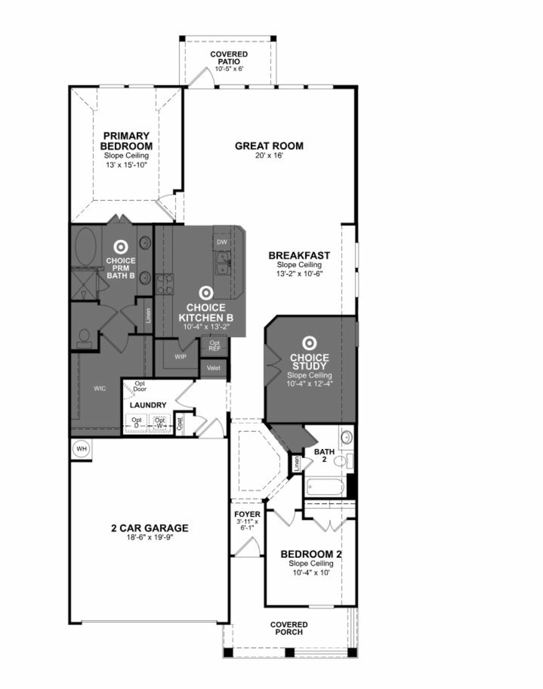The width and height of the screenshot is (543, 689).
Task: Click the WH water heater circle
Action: coord(82,449)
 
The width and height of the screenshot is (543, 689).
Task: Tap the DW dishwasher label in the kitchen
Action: coord(222,242)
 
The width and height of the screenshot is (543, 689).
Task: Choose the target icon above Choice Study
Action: coord(309,343)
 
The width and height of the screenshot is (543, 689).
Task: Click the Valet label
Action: coord(213,368)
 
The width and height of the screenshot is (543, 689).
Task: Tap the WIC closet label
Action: coord(100,388)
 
